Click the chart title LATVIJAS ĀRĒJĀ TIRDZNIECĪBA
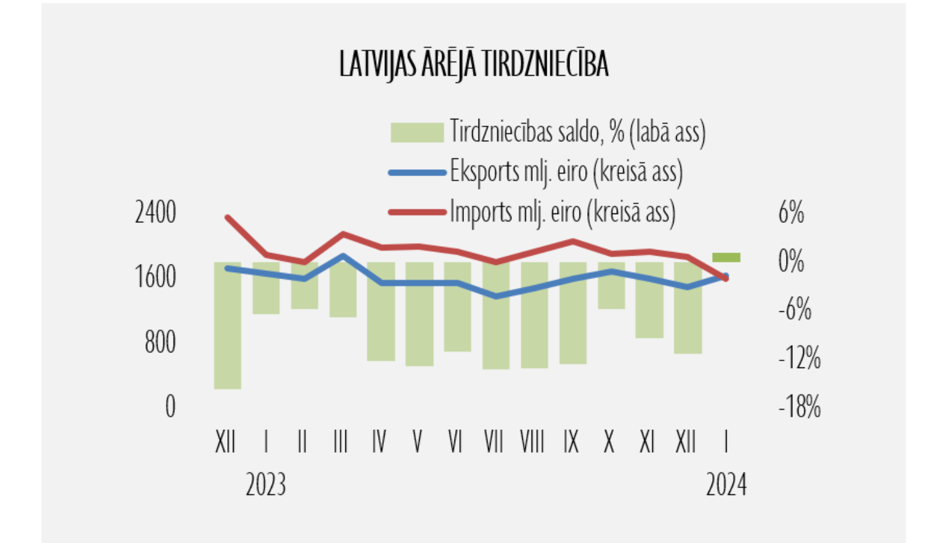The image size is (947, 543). pos(473,64)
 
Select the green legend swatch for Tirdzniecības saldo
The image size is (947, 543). pos(417,133)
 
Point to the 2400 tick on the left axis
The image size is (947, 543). pos(155,213)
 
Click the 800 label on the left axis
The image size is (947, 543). pos(160,342)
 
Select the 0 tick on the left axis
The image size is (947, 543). pos(170,407)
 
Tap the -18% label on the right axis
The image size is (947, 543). pos(799,407)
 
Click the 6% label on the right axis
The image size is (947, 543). pos(791,213)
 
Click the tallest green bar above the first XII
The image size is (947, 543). pos(227,325)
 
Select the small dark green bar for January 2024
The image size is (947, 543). pos(726,257)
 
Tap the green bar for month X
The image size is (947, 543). pos(611,285)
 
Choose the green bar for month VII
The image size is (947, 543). pos(496,316)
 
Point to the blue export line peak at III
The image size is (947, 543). pos(343,256)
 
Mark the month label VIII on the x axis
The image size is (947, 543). pos(532,442)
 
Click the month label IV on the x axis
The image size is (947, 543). pos(379,442)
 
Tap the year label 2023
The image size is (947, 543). pos(266,485)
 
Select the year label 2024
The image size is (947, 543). pos(726,485)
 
